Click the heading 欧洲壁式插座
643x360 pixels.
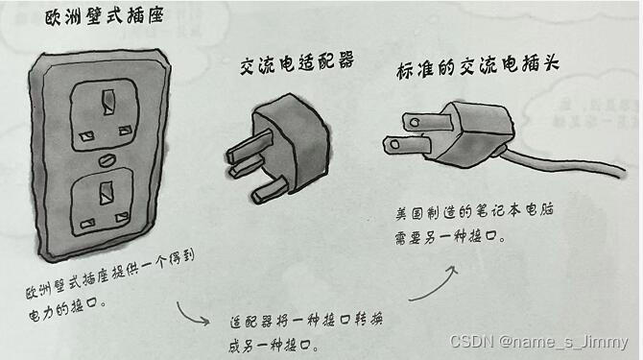click(x=105, y=16)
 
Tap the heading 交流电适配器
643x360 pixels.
click(x=297, y=64)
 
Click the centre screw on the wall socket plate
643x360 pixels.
click(x=107, y=159)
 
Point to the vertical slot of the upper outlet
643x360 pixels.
click(x=108, y=103)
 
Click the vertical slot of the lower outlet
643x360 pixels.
click(x=107, y=193)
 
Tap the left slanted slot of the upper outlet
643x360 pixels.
click(x=86, y=136)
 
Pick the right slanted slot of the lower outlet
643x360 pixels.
click(x=122, y=217)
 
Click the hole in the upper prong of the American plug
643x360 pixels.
click(x=415, y=122)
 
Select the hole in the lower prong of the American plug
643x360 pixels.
click(x=394, y=144)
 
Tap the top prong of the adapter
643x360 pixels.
click(x=250, y=146)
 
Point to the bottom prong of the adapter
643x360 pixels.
click(x=269, y=190)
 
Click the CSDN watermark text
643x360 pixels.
click(x=538, y=342)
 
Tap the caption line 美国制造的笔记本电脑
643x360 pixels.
click(x=474, y=211)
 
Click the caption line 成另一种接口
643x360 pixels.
click(x=274, y=346)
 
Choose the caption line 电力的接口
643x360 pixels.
click(x=68, y=309)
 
